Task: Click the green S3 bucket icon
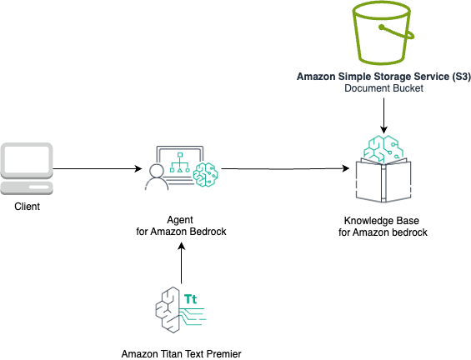point(382,32)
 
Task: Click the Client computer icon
point(27,168)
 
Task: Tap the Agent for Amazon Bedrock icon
point(181,168)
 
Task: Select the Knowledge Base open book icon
point(383,181)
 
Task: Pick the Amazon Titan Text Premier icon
point(181,309)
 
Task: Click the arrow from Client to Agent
point(98,168)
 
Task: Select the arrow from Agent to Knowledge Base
point(285,168)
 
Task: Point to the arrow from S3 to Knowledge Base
point(384,116)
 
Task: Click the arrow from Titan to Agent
point(181,263)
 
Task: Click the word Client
point(27,207)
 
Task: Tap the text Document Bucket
point(384,88)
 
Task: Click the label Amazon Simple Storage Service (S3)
point(383,77)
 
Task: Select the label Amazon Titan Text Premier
point(181,354)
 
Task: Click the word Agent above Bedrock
point(180,220)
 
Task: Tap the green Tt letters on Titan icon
point(190,299)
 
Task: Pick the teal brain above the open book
point(383,148)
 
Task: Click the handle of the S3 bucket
point(398,32)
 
